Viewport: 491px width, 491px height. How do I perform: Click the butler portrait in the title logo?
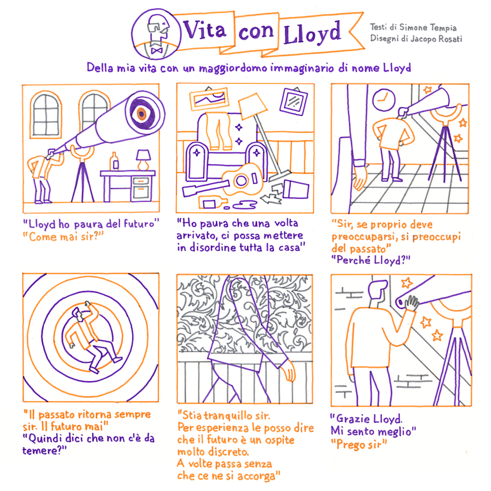tap(156, 34)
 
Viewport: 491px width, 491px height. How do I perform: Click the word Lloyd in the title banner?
tap(312, 33)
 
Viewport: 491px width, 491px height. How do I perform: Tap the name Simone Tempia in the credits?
tap(427, 28)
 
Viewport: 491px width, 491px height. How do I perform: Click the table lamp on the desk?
tap(143, 159)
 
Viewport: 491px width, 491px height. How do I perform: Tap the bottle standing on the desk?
tap(114, 161)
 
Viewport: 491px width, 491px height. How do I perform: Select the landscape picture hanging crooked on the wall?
tap(209, 99)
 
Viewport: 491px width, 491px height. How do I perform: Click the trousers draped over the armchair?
tap(219, 131)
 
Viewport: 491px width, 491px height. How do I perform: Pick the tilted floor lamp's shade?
tap(252, 106)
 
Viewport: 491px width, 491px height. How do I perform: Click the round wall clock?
tap(384, 99)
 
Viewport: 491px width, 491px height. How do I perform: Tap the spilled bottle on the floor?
tap(213, 203)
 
